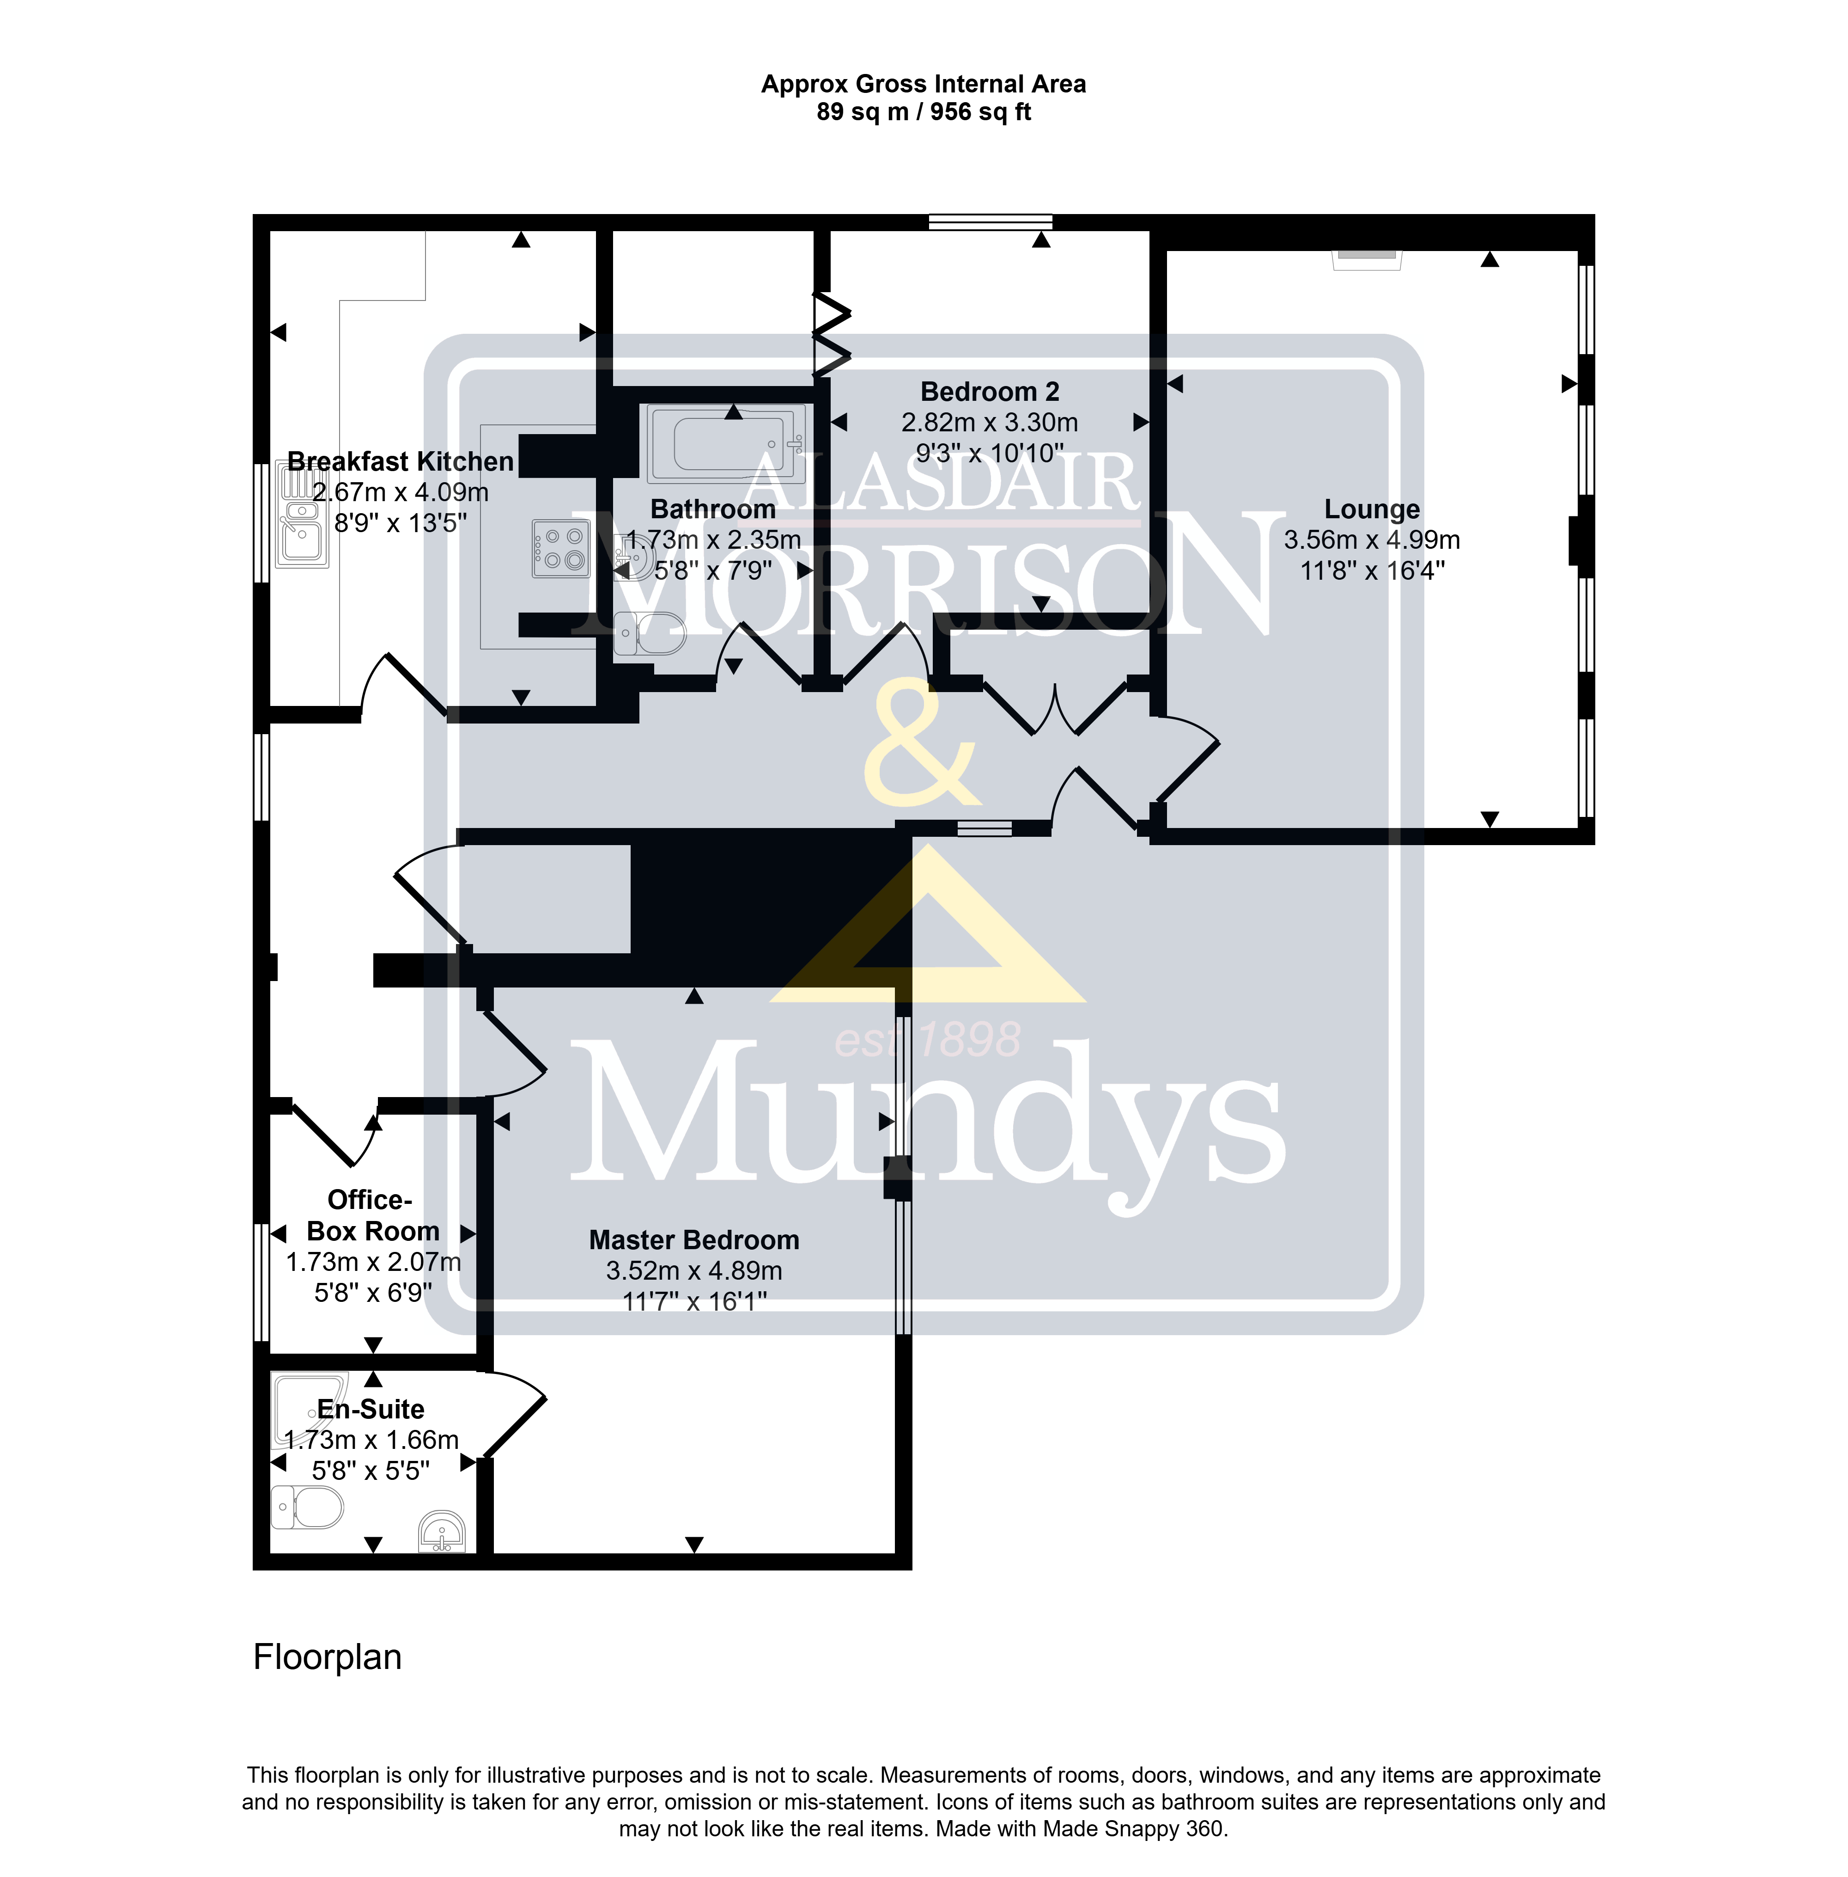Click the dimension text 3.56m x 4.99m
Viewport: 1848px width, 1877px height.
(1371, 540)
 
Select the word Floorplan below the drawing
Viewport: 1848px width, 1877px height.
(327, 1657)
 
